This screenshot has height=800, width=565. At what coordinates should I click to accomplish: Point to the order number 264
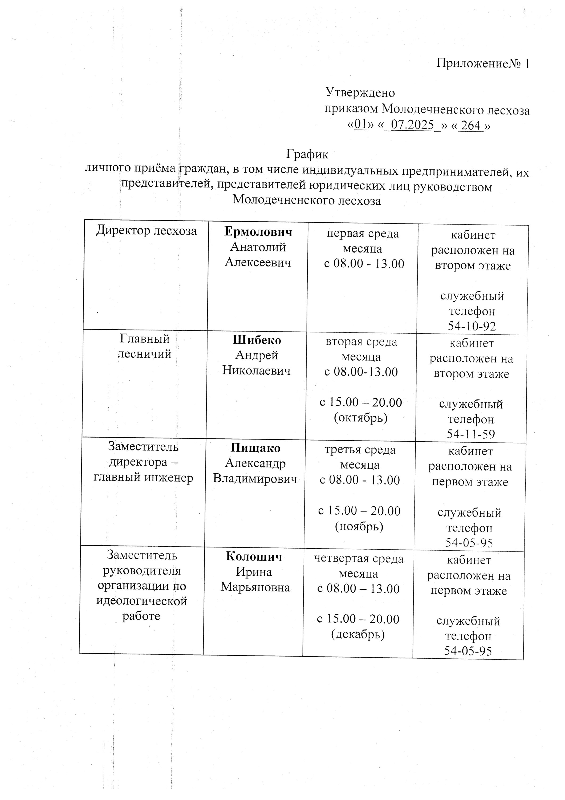point(471,125)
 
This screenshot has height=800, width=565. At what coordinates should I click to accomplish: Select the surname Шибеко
point(257,340)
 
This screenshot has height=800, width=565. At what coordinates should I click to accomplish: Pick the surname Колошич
point(254,557)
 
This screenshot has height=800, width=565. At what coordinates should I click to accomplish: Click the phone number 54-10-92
point(472,326)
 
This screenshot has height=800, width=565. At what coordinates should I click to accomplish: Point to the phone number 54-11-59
point(471,434)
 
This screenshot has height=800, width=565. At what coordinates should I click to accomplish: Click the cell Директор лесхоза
point(146,230)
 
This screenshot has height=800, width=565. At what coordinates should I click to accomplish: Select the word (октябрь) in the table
point(360,417)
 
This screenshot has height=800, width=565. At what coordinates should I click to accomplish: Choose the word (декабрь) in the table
point(357,634)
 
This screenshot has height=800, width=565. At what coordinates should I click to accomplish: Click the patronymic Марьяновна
point(255,587)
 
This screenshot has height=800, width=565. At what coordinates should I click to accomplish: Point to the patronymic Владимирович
point(255,479)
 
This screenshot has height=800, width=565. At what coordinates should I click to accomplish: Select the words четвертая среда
point(359,559)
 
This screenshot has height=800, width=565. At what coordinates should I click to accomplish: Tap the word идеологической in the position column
point(142,601)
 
